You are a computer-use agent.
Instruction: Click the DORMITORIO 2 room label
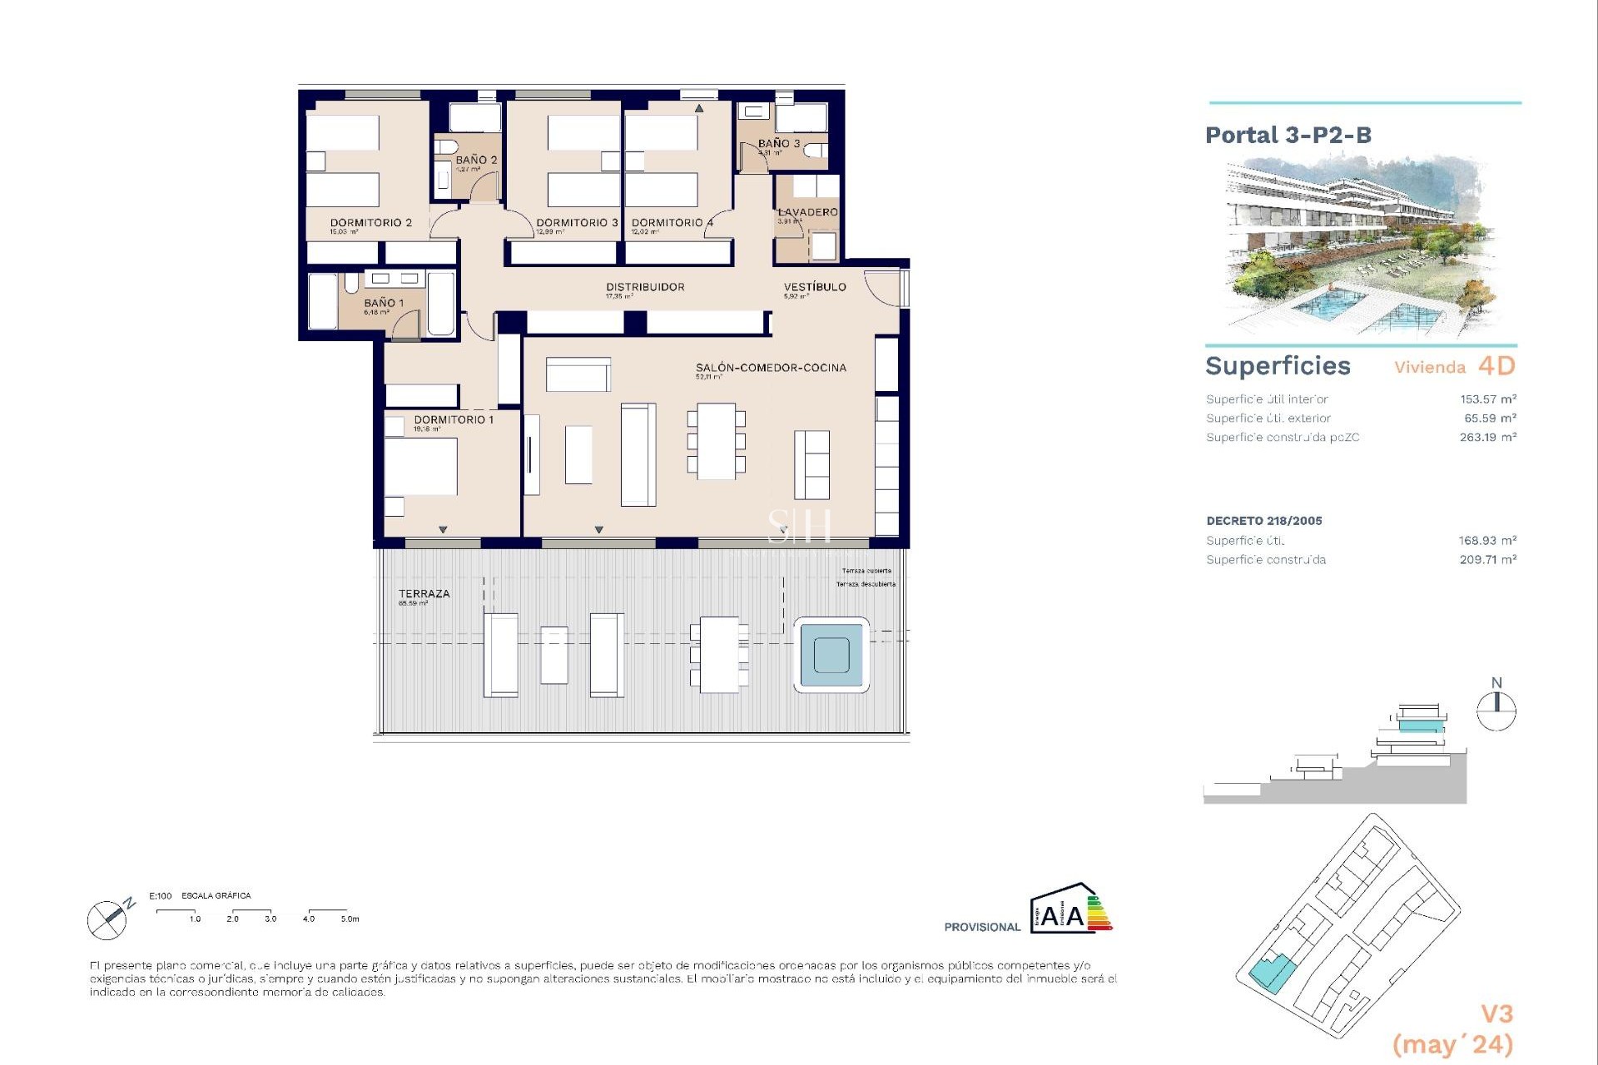click(x=370, y=223)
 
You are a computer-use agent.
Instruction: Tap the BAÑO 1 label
click(x=383, y=304)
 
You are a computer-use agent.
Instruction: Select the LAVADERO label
click(x=807, y=212)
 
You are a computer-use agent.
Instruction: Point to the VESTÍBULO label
click(x=815, y=287)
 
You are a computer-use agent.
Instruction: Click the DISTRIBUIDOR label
click(x=645, y=287)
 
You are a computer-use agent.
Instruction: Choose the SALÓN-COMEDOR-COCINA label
click(x=771, y=368)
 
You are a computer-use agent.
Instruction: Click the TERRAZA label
click(x=424, y=594)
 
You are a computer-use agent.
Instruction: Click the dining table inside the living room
click(x=716, y=441)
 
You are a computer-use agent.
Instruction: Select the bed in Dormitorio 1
click(x=420, y=467)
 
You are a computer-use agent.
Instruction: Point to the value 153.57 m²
click(x=1487, y=399)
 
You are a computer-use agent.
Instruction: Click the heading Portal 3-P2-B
click(x=1288, y=136)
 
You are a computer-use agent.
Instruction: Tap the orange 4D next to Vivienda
click(x=1496, y=366)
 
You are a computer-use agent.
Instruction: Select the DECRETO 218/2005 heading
click(x=1263, y=521)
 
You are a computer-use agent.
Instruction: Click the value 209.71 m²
click(x=1487, y=560)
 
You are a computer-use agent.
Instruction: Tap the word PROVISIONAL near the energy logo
click(x=981, y=927)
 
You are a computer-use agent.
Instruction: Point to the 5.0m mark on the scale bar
click(x=350, y=919)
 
